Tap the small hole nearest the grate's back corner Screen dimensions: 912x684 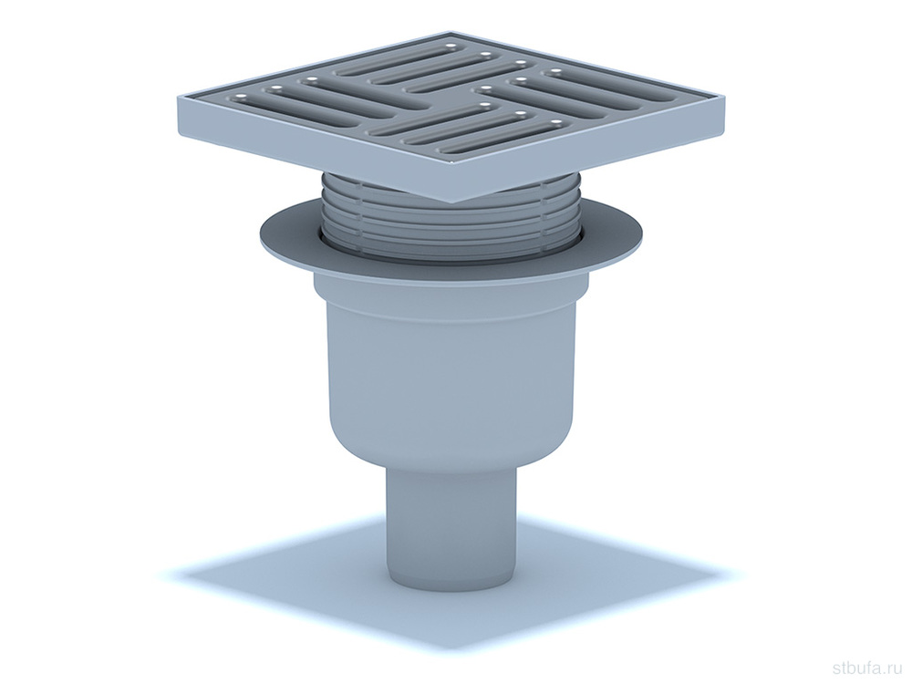pos(451,46)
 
